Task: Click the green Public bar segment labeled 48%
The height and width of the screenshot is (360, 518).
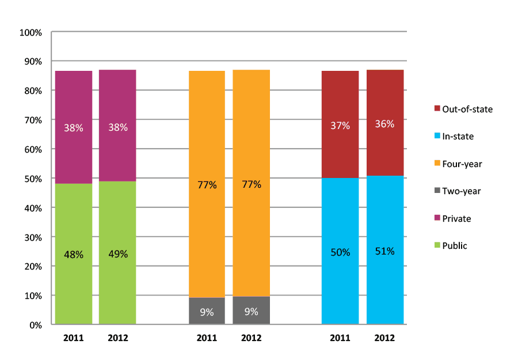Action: tap(74, 254)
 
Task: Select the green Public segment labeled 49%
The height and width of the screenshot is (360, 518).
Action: tap(117, 253)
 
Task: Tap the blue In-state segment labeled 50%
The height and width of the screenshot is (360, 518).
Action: tap(340, 251)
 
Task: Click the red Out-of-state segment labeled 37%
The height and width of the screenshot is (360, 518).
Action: tap(340, 124)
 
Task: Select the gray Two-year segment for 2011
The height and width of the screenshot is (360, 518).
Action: tap(207, 311)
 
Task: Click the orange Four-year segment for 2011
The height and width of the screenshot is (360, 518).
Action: tap(207, 184)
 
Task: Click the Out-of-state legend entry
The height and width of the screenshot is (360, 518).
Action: tap(467, 109)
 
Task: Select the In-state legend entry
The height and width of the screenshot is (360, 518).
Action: tap(458, 137)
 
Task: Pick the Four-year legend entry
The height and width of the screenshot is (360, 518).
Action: tap(462, 164)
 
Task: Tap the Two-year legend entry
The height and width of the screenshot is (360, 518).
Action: tap(461, 191)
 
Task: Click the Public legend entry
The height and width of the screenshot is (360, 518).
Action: tap(454, 246)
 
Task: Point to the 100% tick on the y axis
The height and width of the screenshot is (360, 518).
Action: tap(31, 33)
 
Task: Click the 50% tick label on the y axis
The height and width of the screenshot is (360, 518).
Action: tap(33, 179)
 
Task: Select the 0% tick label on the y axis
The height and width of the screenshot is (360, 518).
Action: tap(35, 325)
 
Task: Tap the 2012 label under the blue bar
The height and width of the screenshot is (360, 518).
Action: tap(384, 338)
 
